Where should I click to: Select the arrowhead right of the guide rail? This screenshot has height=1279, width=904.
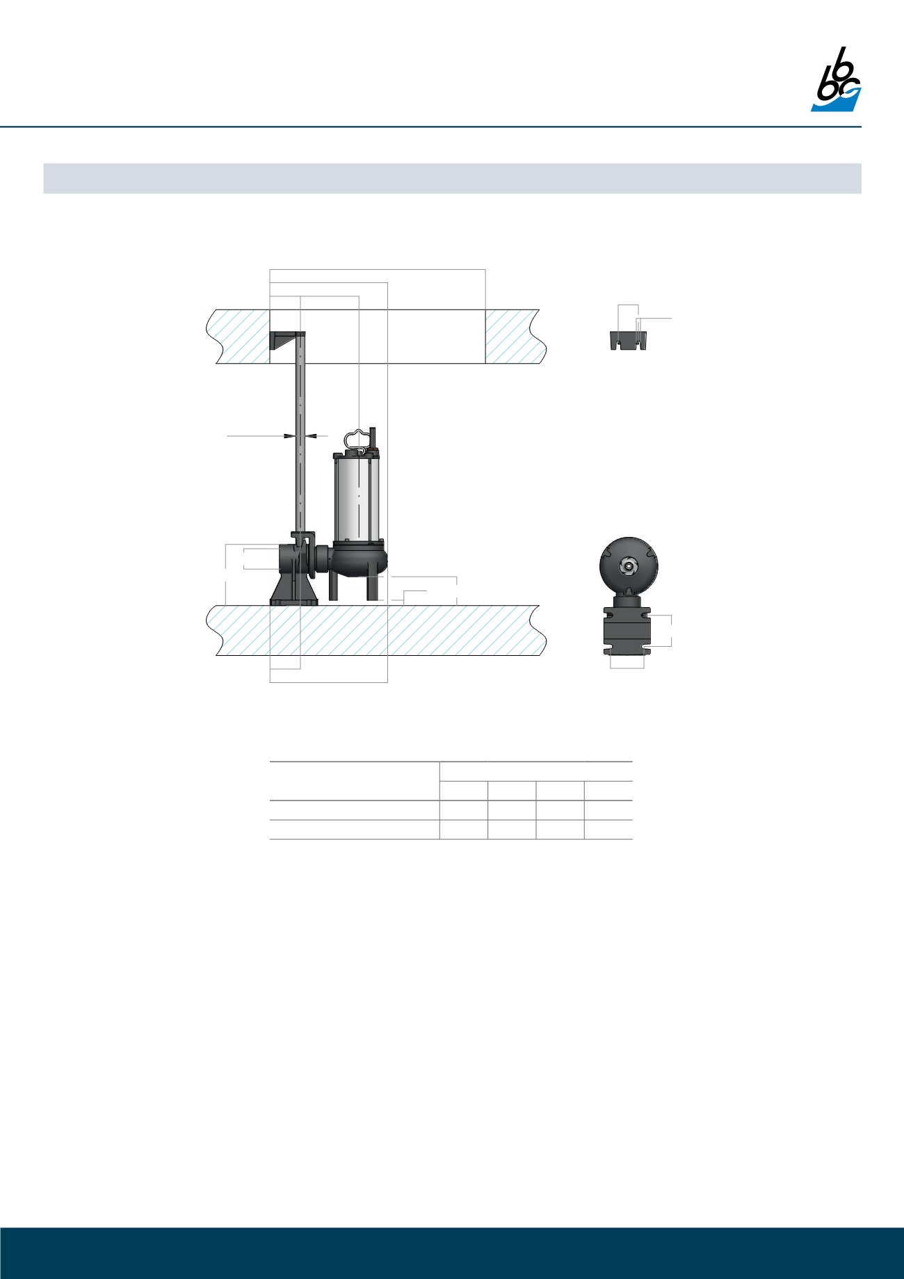click(312, 436)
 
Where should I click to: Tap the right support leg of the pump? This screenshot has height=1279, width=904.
click(373, 588)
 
